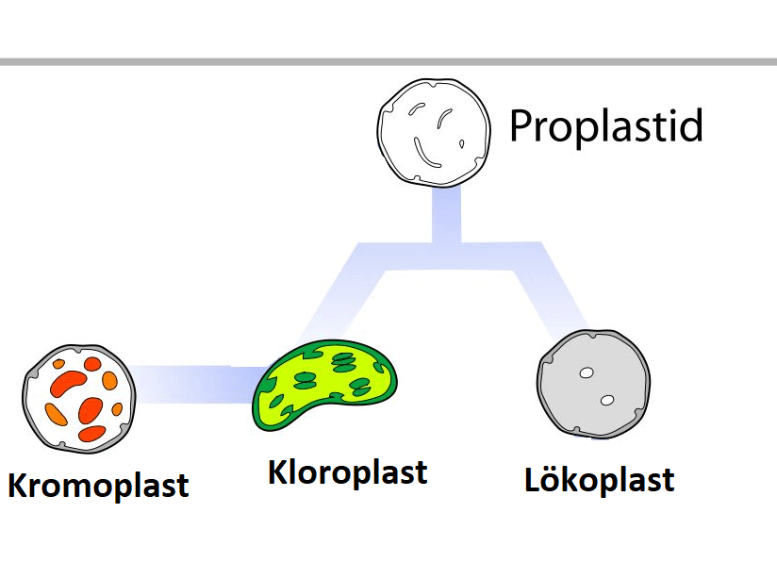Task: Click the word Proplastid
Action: point(606,125)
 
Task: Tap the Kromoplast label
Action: point(98,485)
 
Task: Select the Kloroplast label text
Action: point(347,471)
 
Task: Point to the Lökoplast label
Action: point(599,479)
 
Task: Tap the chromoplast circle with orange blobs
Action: point(80,396)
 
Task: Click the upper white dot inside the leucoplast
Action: point(586,373)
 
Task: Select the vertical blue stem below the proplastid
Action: point(446,215)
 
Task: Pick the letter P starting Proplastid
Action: point(521,125)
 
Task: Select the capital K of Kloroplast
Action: point(280,471)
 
